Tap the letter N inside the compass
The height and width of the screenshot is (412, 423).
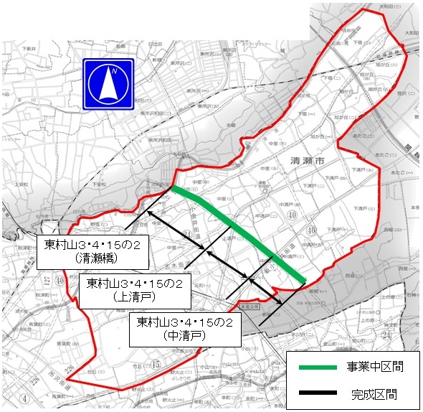pos(113,72)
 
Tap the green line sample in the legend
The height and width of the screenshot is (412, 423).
pos(315,367)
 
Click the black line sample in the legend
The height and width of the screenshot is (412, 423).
pos(315,393)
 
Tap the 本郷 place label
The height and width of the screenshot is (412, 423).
pos(230,126)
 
